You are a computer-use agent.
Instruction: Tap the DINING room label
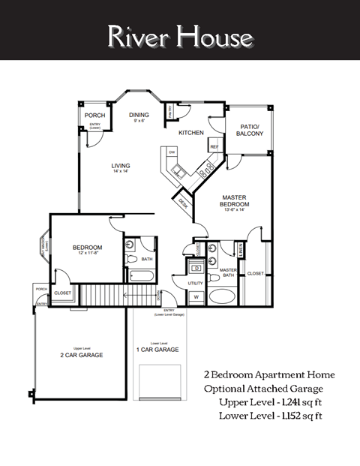(139, 115)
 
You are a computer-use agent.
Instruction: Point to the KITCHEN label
(191, 133)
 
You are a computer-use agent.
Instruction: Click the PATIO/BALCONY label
(250, 130)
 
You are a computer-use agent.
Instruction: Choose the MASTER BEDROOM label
(233, 200)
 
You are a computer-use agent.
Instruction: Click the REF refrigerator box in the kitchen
(214, 146)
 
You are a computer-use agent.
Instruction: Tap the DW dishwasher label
(172, 152)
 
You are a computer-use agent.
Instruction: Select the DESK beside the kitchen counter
(183, 200)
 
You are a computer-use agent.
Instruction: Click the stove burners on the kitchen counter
(204, 172)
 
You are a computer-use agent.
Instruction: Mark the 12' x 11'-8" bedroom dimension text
(87, 254)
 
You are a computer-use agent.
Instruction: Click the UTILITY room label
(196, 284)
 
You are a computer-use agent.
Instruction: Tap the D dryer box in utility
(196, 268)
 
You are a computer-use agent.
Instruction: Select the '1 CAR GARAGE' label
(157, 350)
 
